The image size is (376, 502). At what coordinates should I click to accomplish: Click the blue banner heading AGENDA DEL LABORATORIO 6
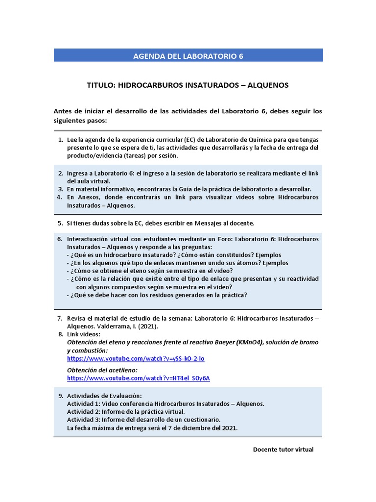coord(188,56)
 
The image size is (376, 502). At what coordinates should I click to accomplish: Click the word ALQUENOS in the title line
coord(268,85)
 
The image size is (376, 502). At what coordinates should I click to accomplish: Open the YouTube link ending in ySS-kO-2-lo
coord(136,358)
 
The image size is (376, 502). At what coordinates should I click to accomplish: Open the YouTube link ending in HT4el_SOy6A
coord(138,378)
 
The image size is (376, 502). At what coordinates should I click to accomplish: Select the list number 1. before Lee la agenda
coord(60,140)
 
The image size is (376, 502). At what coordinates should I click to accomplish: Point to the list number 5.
coord(60,223)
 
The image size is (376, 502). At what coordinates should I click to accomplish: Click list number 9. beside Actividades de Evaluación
coord(60,396)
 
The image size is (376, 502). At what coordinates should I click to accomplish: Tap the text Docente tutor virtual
coord(283,450)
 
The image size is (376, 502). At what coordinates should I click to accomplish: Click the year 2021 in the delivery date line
coord(228,428)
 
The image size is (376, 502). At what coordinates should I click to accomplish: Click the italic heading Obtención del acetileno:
coord(102,370)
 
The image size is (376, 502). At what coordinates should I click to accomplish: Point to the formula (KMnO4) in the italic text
coord(250,342)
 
